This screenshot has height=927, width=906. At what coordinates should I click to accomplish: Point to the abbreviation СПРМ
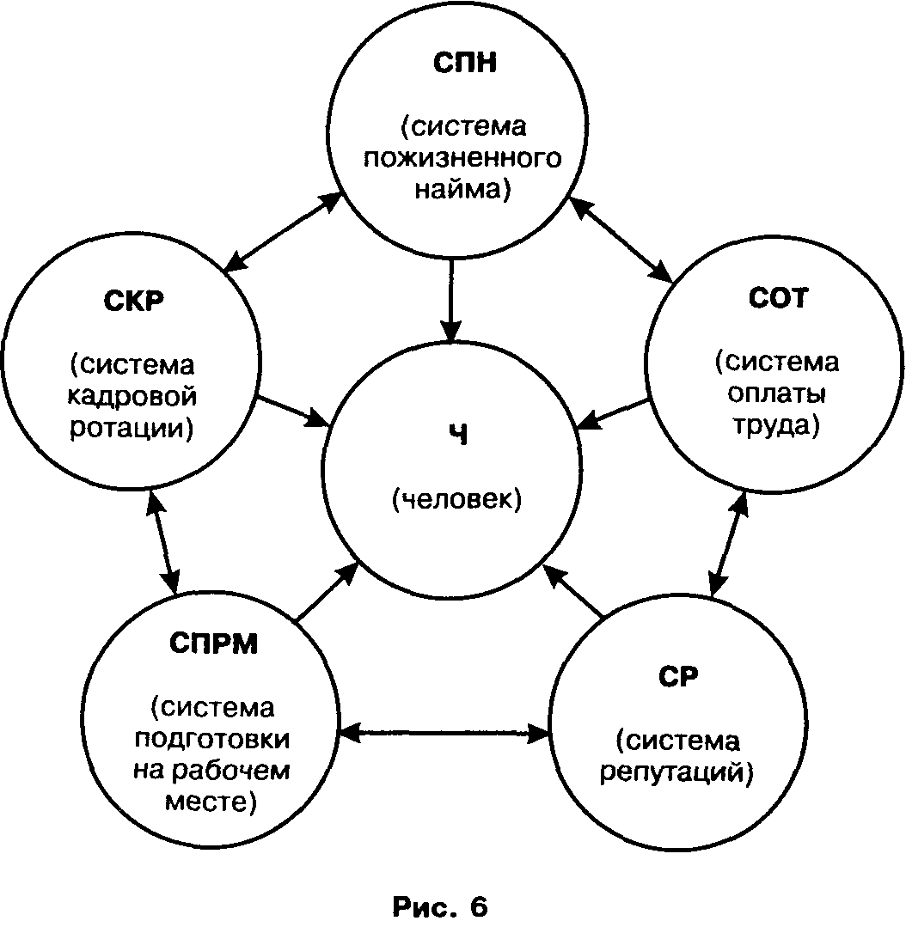coord(213,643)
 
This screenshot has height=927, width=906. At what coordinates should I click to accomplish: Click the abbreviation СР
coord(678,674)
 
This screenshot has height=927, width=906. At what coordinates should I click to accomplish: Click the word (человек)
coord(456,499)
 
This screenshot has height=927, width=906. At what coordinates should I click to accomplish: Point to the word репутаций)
coord(678,771)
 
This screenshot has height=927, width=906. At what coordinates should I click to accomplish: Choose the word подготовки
coord(213,740)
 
